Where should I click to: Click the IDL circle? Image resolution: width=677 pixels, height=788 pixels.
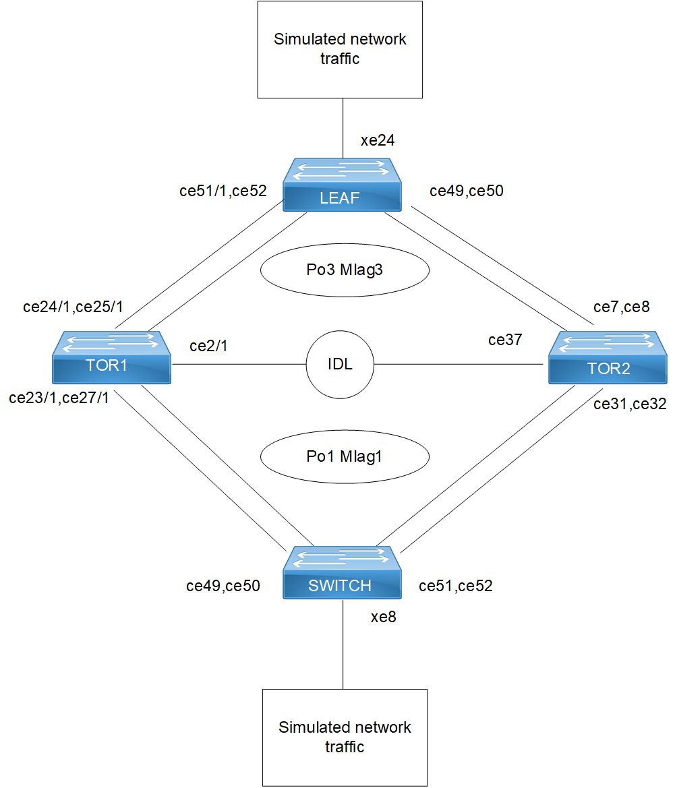340,365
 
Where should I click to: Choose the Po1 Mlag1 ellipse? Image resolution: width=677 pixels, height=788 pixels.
345,457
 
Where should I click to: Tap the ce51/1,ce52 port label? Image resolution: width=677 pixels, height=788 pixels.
223,191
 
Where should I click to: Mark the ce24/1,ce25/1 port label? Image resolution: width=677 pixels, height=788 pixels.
73,307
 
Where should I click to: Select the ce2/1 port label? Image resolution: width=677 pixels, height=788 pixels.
208,346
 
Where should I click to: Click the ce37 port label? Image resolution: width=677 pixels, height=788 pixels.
505,340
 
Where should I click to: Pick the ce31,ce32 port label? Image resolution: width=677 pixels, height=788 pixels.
630,404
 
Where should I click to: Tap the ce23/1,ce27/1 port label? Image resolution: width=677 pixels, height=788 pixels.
59,398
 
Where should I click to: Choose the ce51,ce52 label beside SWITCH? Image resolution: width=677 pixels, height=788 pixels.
456,586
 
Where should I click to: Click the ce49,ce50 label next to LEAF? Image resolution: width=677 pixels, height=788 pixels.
467,191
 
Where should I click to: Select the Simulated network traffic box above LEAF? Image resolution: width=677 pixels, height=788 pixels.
340,49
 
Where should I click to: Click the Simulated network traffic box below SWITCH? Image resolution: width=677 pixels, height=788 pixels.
345,737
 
